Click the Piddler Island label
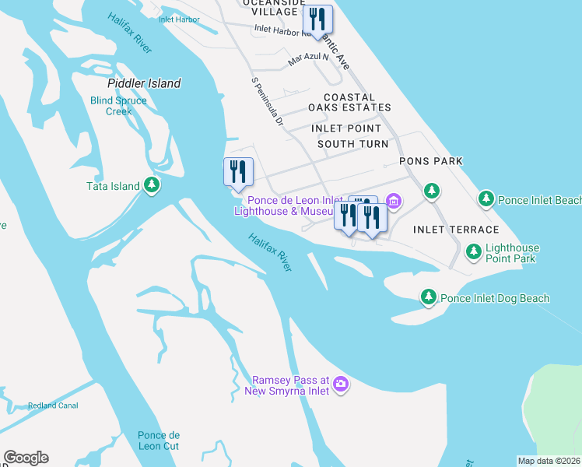[x=144, y=83]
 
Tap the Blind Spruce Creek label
[x=119, y=106]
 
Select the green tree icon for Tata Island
[x=153, y=185]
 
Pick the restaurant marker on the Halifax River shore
[x=238, y=172]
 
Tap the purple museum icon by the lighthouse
[x=394, y=202]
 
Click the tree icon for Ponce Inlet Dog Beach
[x=428, y=297]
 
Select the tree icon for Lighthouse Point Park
[x=473, y=251]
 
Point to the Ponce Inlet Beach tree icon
[x=486, y=199]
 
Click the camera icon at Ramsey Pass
[x=341, y=384]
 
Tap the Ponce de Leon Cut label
[x=159, y=441]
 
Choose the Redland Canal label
[x=54, y=406]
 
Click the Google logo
[x=26, y=458]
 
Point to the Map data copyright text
[x=549, y=461]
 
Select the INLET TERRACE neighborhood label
[x=456, y=230]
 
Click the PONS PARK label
[x=430, y=161]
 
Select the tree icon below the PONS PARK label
[x=431, y=190]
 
